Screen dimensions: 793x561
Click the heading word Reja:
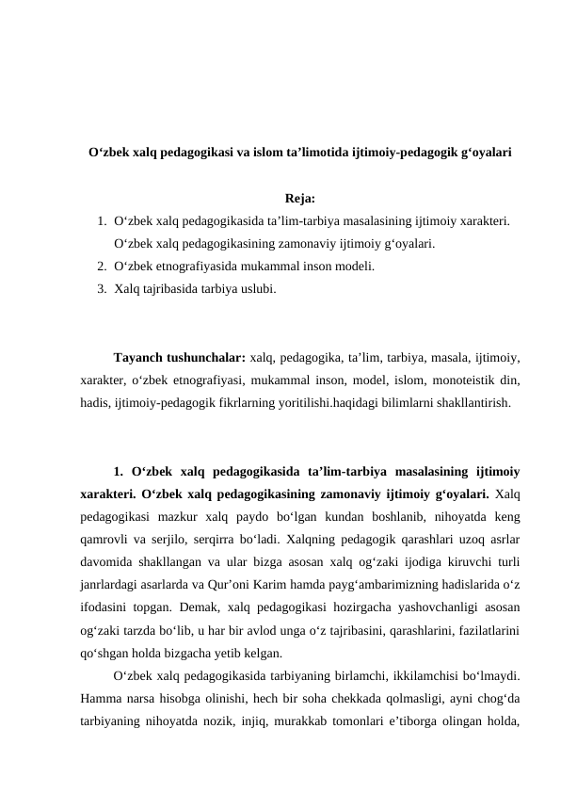coord(298,199)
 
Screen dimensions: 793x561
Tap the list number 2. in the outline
coord(101,267)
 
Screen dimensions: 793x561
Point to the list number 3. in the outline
coord(101,288)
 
